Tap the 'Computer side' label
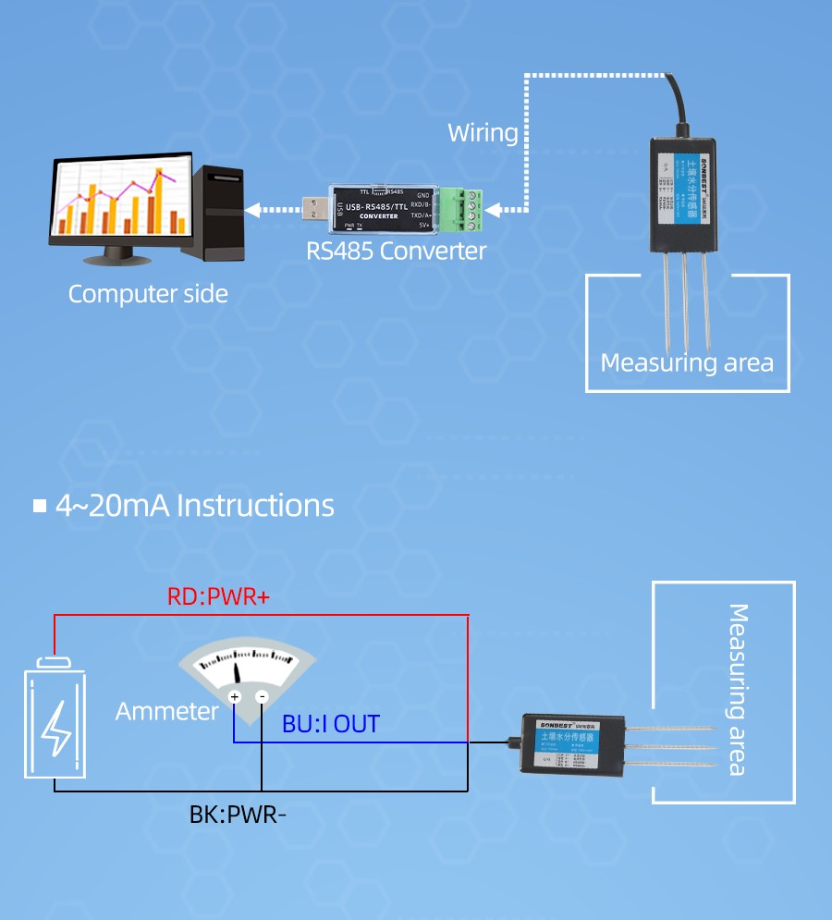[148, 295]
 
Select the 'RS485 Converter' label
[396, 251]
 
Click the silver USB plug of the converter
[317, 209]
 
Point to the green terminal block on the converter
[463, 209]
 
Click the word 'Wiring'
[483, 132]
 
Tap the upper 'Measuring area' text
[687, 362]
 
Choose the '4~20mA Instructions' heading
[194, 506]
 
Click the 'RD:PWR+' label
[219, 597]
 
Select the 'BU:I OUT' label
[331, 724]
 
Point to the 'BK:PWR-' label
[239, 816]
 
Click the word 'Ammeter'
[166, 711]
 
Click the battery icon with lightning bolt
[55, 718]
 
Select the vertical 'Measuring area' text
[738, 689]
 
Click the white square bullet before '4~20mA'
[40, 506]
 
